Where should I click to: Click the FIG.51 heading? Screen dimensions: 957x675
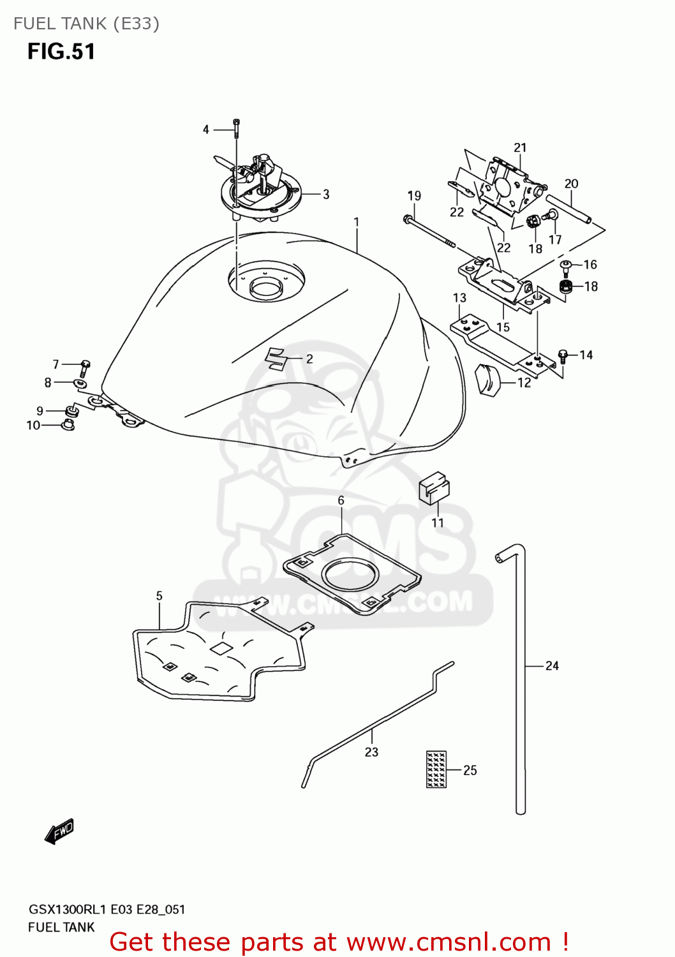pyautogui.click(x=61, y=52)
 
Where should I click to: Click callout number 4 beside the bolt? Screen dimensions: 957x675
pyautogui.click(x=205, y=130)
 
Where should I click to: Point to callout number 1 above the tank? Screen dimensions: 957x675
pyautogui.click(x=357, y=222)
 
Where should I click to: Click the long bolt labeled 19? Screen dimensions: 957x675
pyautogui.click(x=429, y=231)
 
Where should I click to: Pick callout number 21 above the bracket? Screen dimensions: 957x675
pyautogui.click(x=520, y=147)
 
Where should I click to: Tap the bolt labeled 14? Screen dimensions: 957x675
pyautogui.click(x=563, y=356)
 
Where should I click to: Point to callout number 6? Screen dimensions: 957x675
pyautogui.click(x=341, y=501)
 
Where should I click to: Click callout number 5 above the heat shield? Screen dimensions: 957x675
pyautogui.click(x=159, y=596)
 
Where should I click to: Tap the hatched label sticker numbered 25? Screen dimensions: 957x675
pyautogui.click(x=436, y=769)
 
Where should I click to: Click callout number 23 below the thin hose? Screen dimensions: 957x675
pyautogui.click(x=371, y=752)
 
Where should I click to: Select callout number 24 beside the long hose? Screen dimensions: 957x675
pyautogui.click(x=552, y=665)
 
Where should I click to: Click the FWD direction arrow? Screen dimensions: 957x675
pyautogui.click(x=60, y=831)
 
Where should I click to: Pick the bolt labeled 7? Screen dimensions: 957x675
pyautogui.click(x=84, y=367)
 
